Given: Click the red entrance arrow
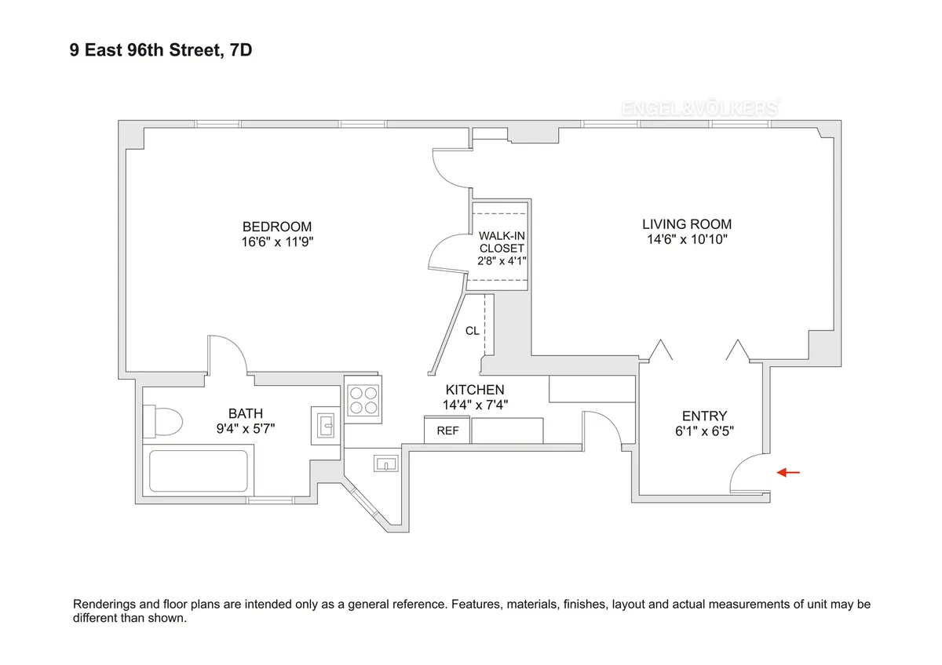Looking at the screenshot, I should tap(788, 472).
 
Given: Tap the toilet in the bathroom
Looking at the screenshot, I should tap(162, 421).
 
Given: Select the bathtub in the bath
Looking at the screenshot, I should tap(199, 470).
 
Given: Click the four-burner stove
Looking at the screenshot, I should tap(363, 399).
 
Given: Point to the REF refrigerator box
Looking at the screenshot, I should tap(447, 431).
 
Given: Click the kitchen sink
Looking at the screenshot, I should tap(386, 464).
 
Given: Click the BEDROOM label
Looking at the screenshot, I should tap(277, 227).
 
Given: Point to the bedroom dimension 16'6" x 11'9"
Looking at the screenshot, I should tap(278, 242).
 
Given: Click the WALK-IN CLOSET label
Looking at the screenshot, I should tap(502, 242).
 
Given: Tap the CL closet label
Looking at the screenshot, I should tap(472, 331).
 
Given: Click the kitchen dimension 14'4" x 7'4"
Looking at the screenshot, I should tap(474, 405).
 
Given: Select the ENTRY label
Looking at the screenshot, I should tap(703, 416).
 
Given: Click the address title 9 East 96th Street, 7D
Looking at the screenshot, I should tap(161, 51).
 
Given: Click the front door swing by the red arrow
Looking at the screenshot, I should tap(750, 473).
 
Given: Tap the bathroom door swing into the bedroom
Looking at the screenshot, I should tap(228, 354).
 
